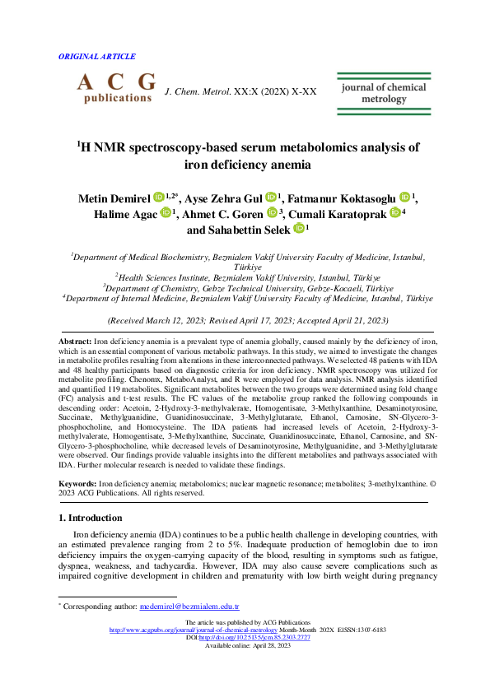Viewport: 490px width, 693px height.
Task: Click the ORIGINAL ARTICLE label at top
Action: (x=97, y=57)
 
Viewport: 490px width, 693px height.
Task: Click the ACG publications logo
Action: (x=116, y=88)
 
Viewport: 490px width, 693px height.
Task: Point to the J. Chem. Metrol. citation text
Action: (x=240, y=91)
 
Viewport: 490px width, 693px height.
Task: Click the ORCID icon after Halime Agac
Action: (x=165, y=212)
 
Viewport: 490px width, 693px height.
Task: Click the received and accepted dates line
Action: (x=248, y=319)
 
